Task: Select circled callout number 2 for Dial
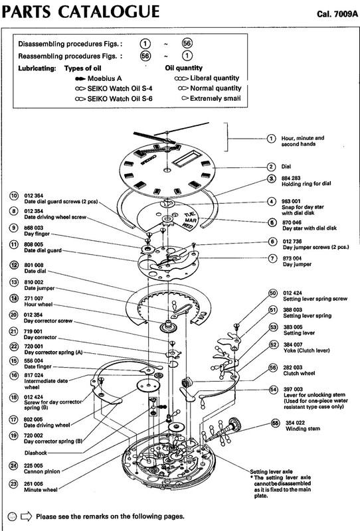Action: coord(271,167)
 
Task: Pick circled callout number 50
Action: coord(272,293)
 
